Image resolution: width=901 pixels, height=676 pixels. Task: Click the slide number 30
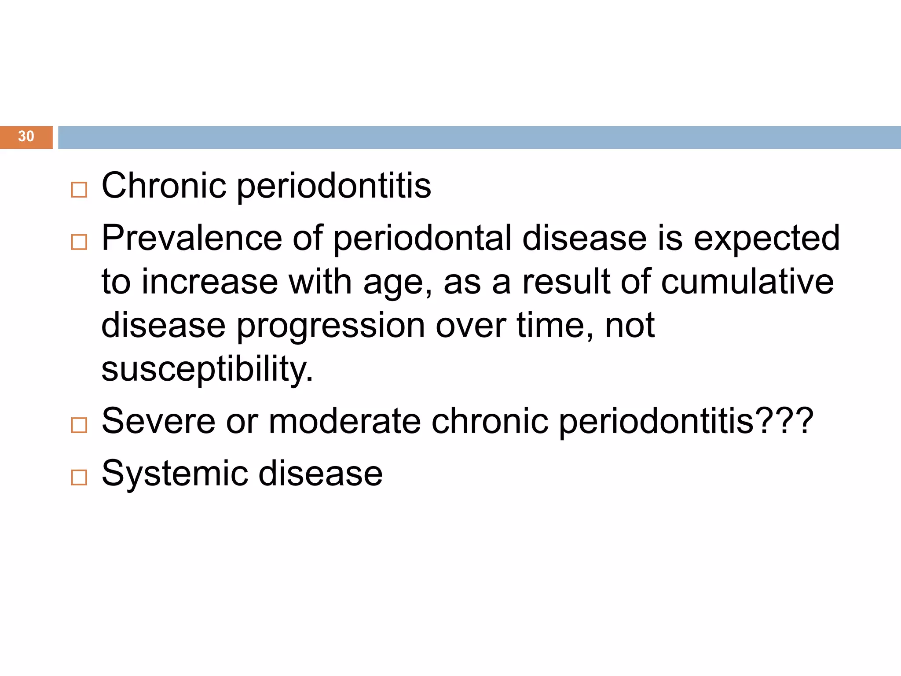(x=26, y=136)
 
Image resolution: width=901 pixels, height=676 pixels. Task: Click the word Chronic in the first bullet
(x=163, y=186)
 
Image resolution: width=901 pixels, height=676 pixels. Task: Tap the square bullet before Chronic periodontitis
(x=79, y=190)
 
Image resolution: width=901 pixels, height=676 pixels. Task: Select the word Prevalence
(x=191, y=238)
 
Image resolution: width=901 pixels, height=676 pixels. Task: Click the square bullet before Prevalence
(x=79, y=242)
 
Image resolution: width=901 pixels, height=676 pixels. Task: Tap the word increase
(x=209, y=282)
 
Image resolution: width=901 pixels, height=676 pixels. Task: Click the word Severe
(x=158, y=422)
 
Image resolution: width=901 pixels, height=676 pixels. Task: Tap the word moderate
(x=344, y=422)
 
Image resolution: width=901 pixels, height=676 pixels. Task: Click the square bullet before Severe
(x=79, y=425)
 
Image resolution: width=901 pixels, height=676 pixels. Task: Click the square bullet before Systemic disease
(x=79, y=477)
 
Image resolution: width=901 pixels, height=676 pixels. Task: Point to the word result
(x=566, y=282)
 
